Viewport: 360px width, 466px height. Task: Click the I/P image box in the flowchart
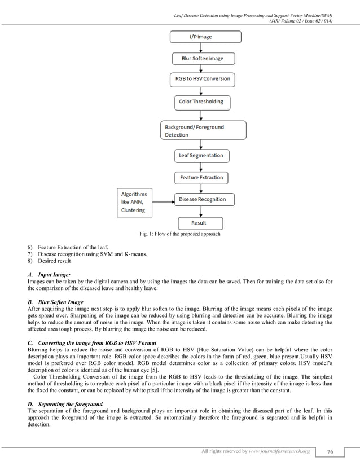(x=205, y=37)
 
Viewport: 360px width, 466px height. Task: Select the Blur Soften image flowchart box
(x=202, y=58)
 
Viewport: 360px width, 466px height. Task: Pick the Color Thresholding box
(x=201, y=102)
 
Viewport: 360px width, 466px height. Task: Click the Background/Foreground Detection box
(x=203, y=130)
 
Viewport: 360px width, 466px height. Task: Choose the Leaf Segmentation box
(x=201, y=155)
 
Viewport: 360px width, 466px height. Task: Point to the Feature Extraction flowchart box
(x=201, y=178)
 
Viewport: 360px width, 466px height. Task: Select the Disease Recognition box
(x=201, y=199)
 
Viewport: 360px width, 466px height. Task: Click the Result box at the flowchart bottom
(x=199, y=223)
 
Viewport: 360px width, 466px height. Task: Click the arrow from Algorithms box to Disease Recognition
(x=163, y=200)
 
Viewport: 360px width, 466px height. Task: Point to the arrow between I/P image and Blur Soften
(x=202, y=47)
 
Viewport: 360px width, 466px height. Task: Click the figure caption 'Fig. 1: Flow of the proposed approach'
(x=179, y=234)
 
